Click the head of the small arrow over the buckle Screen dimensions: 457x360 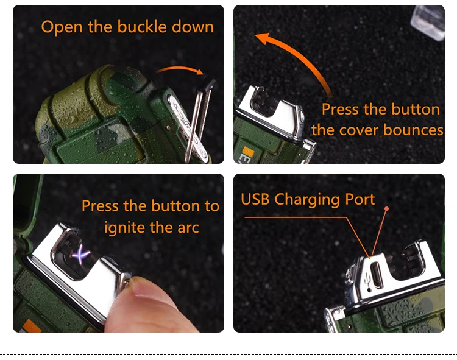tap(200, 71)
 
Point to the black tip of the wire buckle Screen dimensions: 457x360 tap(208, 83)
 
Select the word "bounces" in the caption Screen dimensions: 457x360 tap(413, 130)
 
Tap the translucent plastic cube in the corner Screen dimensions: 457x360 tap(428, 22)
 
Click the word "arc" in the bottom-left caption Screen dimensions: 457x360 tap(188, 228)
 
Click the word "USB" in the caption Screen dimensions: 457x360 tap(255, 199)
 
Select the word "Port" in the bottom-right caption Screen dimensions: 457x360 tap(360, 200)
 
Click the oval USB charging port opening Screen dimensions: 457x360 tap(376, 275)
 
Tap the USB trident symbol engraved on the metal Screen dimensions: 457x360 tap(367, 280)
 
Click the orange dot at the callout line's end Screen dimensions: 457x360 tap(387, 208)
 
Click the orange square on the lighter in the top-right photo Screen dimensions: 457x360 tap(248, 151)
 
